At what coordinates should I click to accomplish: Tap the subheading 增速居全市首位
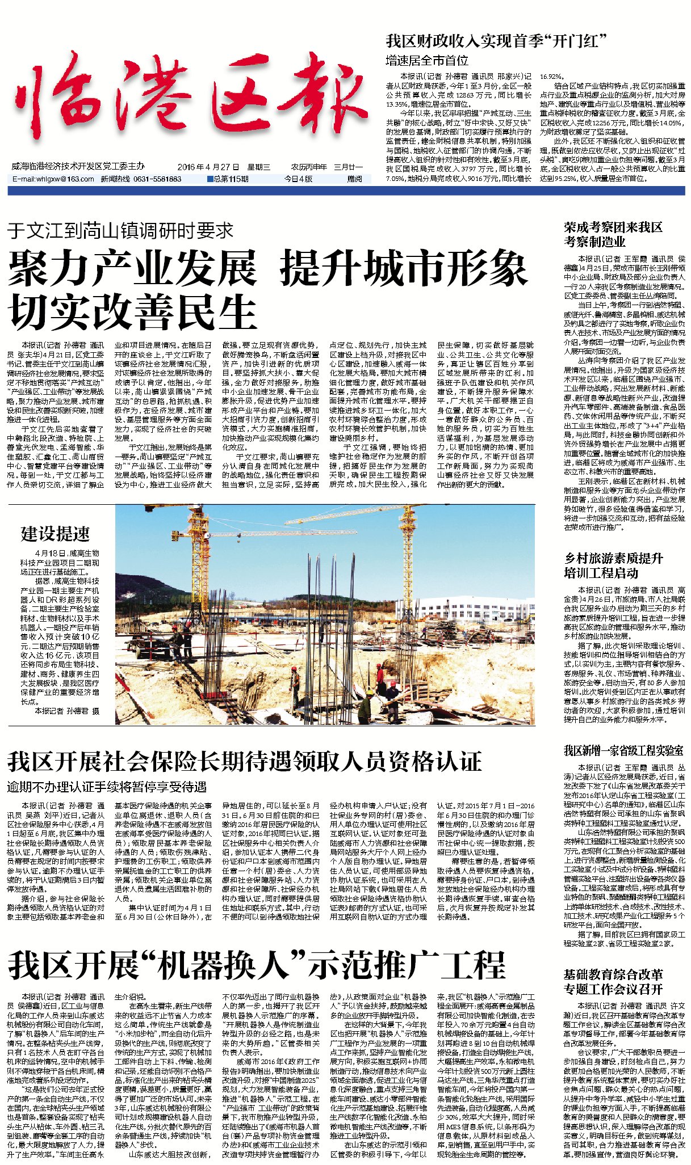(427, 60)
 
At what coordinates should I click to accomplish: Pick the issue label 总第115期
(229, 179)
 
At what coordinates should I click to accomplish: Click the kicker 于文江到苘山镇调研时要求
(120, 231)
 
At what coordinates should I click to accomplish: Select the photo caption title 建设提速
(55, 534)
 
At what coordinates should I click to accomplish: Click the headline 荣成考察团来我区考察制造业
(613, 234)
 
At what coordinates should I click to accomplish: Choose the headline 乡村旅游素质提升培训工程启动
(613, 565)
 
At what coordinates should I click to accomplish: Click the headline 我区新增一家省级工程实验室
(623, 751)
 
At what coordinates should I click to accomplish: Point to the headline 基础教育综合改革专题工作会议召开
(613, 982)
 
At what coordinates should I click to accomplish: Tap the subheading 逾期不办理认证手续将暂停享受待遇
(107, 787)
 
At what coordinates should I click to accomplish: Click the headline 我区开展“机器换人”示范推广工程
(256, 965)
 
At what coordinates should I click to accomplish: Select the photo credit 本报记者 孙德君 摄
(66, 711)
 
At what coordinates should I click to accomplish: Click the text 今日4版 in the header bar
(299, 179)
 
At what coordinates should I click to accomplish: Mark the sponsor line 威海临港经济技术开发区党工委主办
(78, 166)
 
